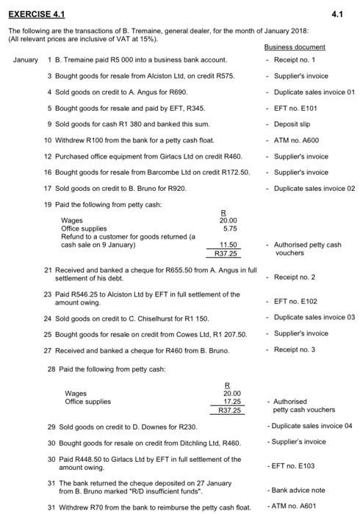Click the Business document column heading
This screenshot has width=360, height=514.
(x=295, y=47)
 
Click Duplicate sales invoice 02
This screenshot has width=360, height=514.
(x=314, y=188)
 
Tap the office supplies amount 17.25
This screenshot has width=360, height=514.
(x=232, y=402)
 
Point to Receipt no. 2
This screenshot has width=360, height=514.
(x=295, y=277)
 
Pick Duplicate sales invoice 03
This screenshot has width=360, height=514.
(x=314, y=317)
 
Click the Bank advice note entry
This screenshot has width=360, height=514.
(x=298, y=489)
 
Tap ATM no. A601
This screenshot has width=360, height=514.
(x=296, y=506)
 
